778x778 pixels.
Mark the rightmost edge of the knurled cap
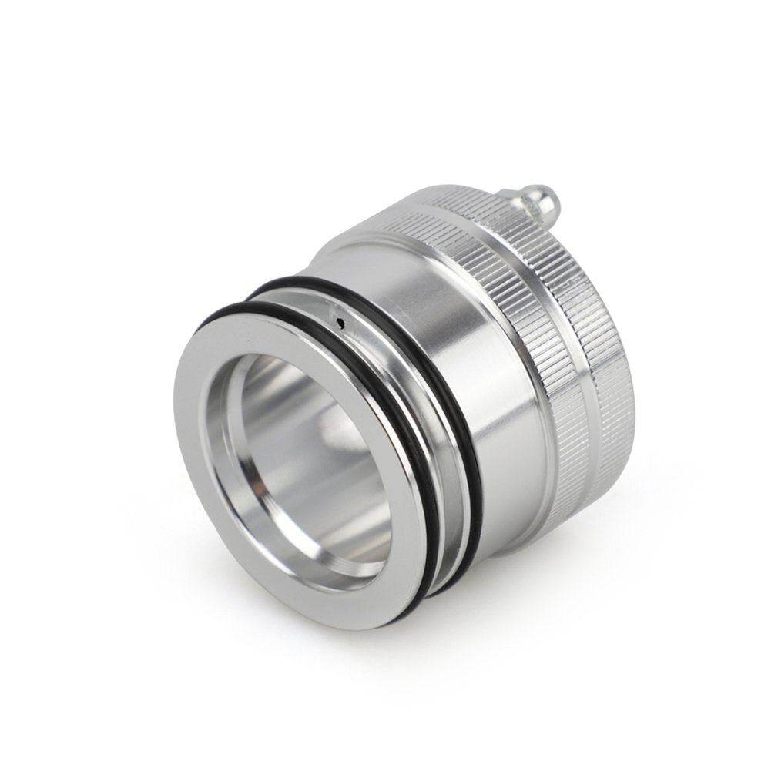pyautogui.click(x=633, y=385)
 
